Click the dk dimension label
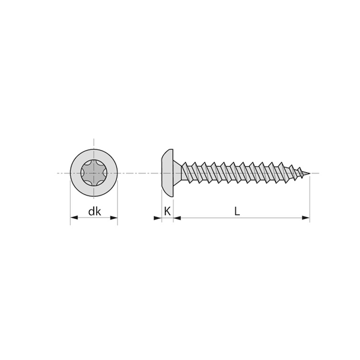click(94, 211)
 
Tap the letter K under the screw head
click(167, 211)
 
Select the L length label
click(238, 211)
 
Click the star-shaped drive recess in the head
click(94, 173)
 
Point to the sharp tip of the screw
click(309, 174)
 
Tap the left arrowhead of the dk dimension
click(74, 218)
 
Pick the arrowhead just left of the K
click(158, 218)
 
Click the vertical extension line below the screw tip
click(310, 198)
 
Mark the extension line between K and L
click(173, 204)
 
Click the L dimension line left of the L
click(204, 218)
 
